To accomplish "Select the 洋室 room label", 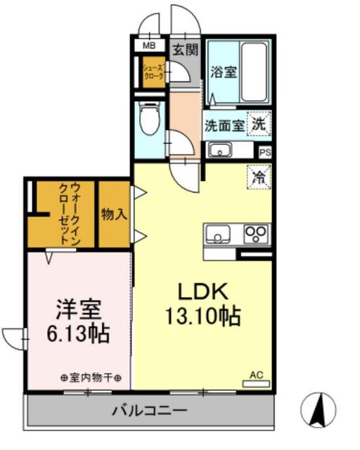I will coord(78,310).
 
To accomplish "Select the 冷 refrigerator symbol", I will coord(258,176).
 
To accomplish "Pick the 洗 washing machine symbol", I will coord(259,125).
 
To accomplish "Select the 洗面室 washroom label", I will coord(224,127).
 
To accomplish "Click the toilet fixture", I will coord(149,120).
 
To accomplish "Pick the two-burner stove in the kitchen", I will coord(256,233).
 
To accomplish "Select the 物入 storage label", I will coord(114,214).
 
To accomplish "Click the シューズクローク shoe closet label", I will coord(153,72).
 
